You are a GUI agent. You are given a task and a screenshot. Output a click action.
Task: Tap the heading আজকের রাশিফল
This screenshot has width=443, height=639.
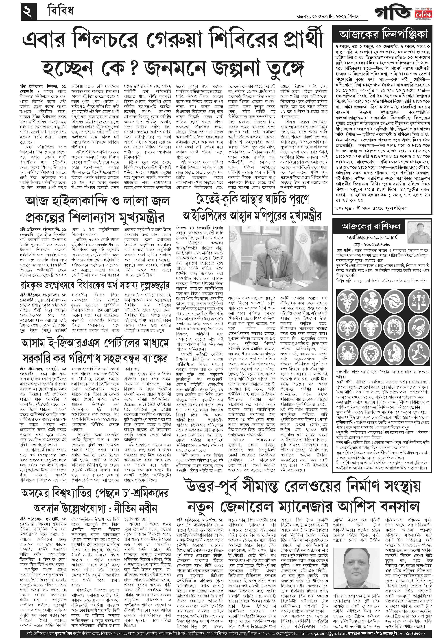coord(371,226)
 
